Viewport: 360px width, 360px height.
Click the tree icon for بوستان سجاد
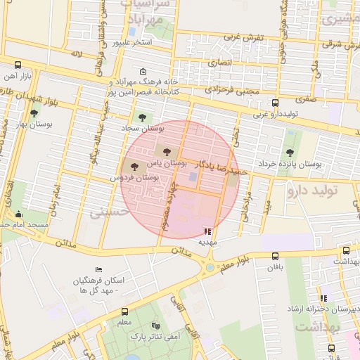143,117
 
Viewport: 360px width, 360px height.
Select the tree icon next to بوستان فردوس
135,166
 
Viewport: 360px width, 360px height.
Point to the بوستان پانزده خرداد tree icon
290,152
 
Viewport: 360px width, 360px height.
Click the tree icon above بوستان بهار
33,112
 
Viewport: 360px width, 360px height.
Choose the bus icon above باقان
274,256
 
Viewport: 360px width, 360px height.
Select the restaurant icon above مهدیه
207,230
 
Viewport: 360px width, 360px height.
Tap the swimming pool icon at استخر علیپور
132,31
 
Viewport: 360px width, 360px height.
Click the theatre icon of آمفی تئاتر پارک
155,326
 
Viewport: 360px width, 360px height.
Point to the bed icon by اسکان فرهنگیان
98,270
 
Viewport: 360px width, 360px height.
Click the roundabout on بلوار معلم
210,266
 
